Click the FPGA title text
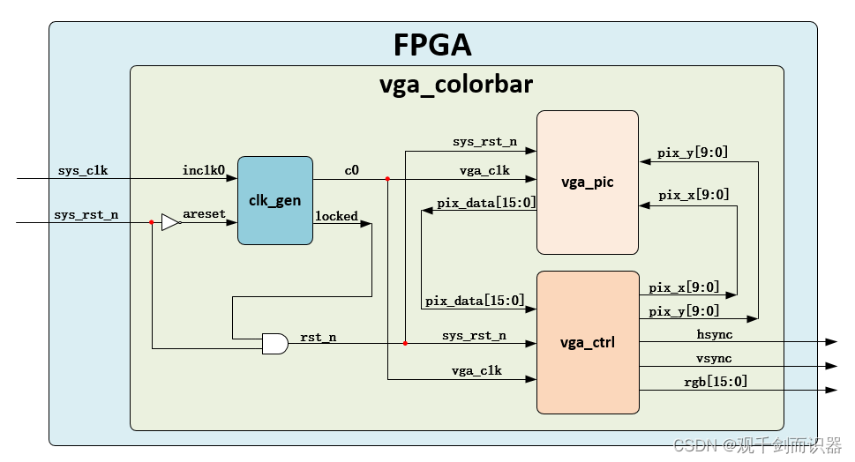click(432, 45)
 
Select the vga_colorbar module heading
click(455, 85)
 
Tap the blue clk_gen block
click(274, 200)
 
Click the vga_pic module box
click(588, 183)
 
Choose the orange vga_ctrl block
click(588, 342)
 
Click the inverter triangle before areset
click(170, 222)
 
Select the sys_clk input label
click(83, 170)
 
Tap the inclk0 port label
click(204, 170)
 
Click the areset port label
click(205, 214)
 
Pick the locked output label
click(336, 216)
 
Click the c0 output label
click(351, 170)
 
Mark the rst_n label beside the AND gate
click(318, 336)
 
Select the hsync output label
click(714, 334)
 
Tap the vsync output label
click(714, 358)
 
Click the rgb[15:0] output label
click(716, 381)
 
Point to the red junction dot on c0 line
click(387, 179)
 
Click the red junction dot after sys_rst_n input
click(152, 222)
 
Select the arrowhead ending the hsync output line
click(830, 342)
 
